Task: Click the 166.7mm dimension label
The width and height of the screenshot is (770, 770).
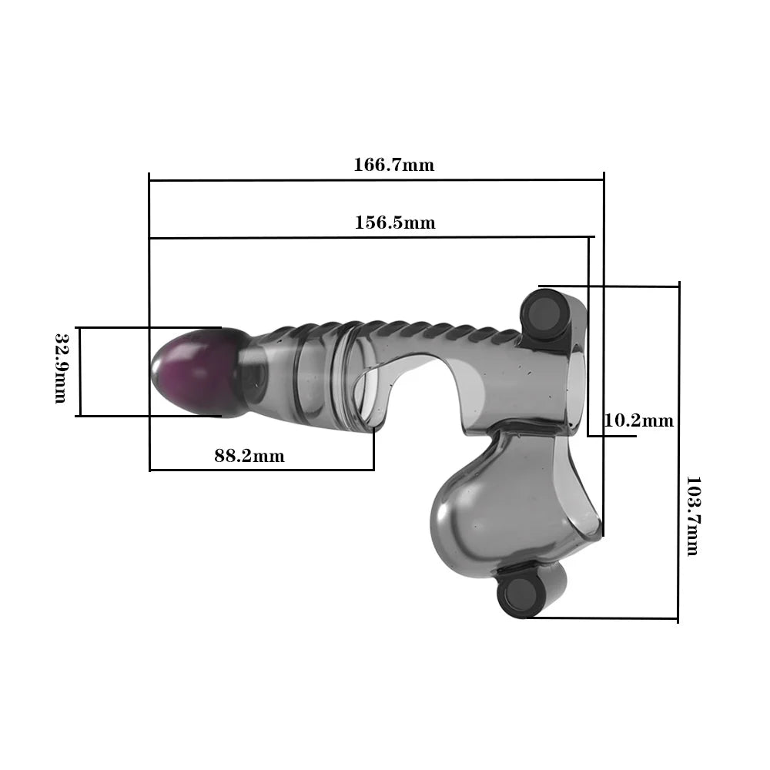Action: (393, 165)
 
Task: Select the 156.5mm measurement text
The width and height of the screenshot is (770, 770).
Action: (394, 223)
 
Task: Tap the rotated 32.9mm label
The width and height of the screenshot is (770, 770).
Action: (62, 368)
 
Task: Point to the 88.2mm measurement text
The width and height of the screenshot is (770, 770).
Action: (249, 456)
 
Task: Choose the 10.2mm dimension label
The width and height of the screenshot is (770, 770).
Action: (638, 420)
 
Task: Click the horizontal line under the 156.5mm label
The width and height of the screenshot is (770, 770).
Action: (370, 238)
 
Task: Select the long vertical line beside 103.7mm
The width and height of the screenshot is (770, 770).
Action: (678, 454)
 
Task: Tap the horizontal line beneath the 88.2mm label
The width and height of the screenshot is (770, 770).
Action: (262, 470)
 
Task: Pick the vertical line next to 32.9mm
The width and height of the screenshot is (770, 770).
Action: (79, 372)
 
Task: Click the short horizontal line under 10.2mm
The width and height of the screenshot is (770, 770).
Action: (612, 437)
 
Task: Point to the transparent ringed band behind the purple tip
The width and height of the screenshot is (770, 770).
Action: (308, 377)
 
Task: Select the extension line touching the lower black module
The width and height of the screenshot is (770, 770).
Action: (604, 618)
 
